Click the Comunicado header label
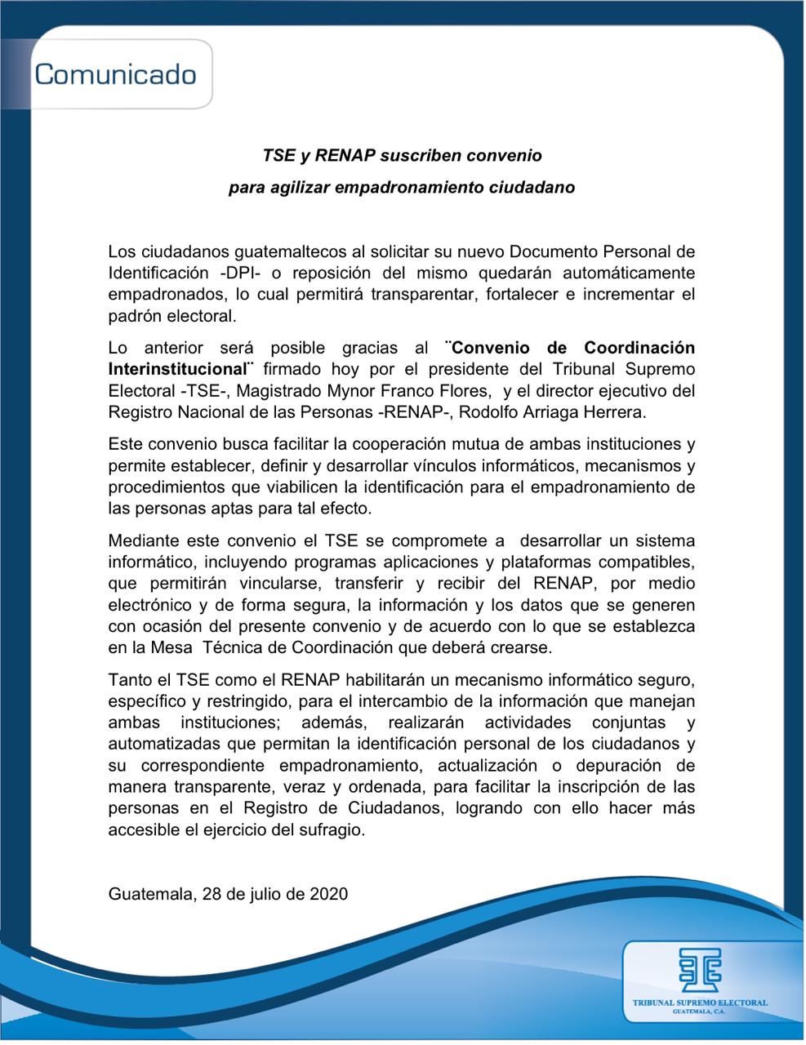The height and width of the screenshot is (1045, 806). pyautogui.click(x=115, y=74)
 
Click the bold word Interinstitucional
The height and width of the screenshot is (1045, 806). pyautogui.click(x=177, y=369)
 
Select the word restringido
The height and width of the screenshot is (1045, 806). pyautogui.click(x=246, y=701)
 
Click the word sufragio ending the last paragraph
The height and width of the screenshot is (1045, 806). pyautogui.click(x=332, y=830)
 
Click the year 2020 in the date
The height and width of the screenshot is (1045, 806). pyautogui.click(x=328, y=893)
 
